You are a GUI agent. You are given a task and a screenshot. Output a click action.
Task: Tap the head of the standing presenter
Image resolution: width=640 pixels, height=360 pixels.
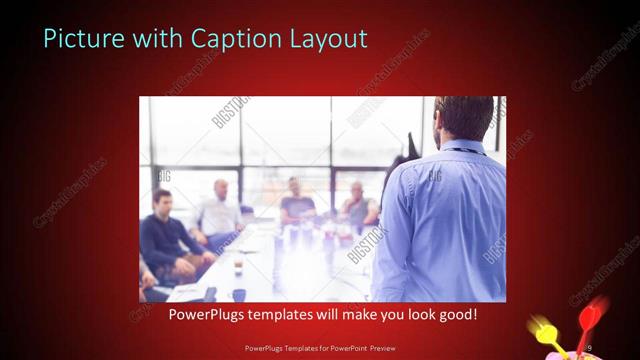click(461, 118)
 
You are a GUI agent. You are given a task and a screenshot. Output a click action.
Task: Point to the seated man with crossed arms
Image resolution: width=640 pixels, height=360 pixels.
click(357, 210)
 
